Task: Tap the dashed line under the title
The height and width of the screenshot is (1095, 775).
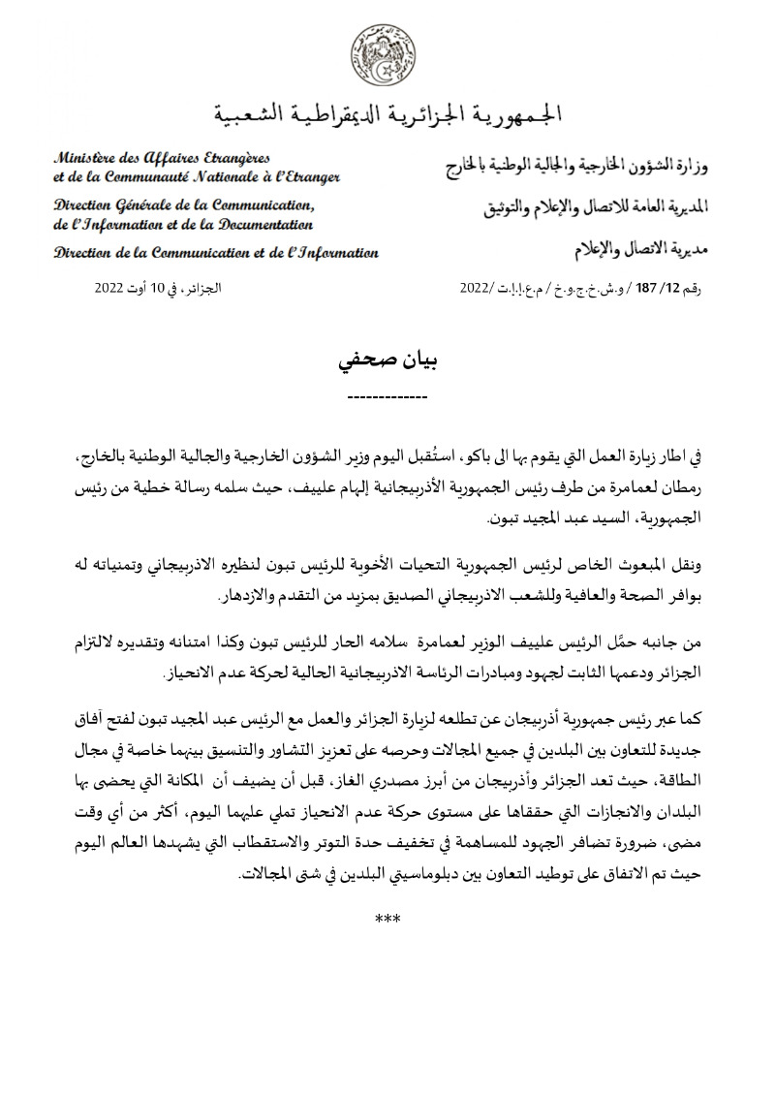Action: click(387, 398)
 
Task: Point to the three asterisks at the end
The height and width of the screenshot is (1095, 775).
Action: click(387, 917)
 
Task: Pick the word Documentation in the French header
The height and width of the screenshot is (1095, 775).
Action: click(262, 224)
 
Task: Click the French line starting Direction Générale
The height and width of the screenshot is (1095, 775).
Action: click(184, 204)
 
